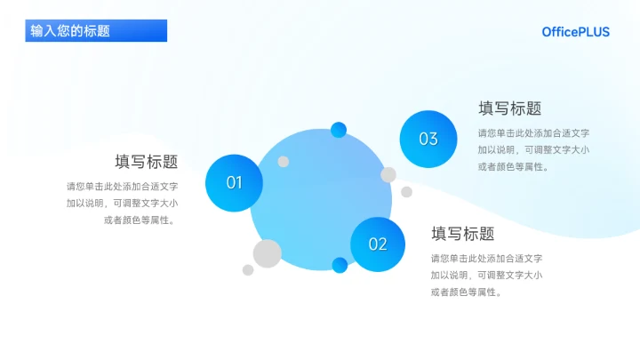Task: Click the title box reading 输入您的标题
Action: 96,31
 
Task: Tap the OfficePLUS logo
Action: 576,32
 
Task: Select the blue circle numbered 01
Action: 234,183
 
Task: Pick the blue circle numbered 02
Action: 378,244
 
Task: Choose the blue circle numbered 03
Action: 428,139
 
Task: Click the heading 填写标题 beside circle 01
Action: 146,162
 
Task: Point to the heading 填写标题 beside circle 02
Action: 462,234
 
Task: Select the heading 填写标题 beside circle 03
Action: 509,108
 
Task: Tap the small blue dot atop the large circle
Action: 339,130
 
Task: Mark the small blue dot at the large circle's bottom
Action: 340,265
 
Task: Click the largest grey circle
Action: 267,253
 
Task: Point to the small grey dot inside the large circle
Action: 284,162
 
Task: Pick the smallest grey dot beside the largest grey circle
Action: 248,270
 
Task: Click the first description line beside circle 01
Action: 122,187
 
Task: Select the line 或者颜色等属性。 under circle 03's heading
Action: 514,166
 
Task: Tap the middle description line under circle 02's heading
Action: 486,275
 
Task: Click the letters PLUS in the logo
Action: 591,32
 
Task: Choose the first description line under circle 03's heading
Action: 533,133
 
